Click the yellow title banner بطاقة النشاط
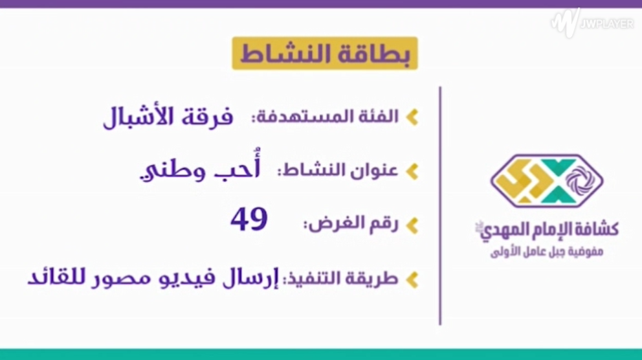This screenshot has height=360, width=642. pyautogui.click(x=325, y=53)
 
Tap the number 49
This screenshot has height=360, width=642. pyautogui.click(x=249, y=219)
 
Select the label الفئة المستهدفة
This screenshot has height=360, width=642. pyautogui.click(x=325, y=117)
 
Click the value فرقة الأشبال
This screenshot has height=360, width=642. pyautogui.click(x=168, y=117)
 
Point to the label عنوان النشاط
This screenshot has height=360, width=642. pyautogui.click(x=338, y=170)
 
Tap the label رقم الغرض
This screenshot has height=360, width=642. pyautogui.click(x=351, y=224)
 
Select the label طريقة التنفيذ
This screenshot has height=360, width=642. pyautogui.click(x=340, y=278)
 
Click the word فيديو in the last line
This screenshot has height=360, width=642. pyautogui.click(x=186, y=278)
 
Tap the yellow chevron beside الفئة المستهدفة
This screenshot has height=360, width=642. pyautogui.click(x=412, y=117)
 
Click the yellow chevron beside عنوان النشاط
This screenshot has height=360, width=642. pyautogui.click(x=412, y=171)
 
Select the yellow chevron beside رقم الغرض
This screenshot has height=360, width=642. pyautogui.click(x=412, y=225)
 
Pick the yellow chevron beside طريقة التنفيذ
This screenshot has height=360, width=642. pyautogui.click(x=412, y=280)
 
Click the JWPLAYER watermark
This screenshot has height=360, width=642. pyautogui.click(x=592, y=23)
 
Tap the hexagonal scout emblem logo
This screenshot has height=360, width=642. pyautogui.click(x=547, y=181)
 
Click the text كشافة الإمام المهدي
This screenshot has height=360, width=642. pyautogui.click(x=547, y=230)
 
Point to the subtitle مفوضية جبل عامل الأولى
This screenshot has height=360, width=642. pyautogui.click(x=547, y=251)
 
